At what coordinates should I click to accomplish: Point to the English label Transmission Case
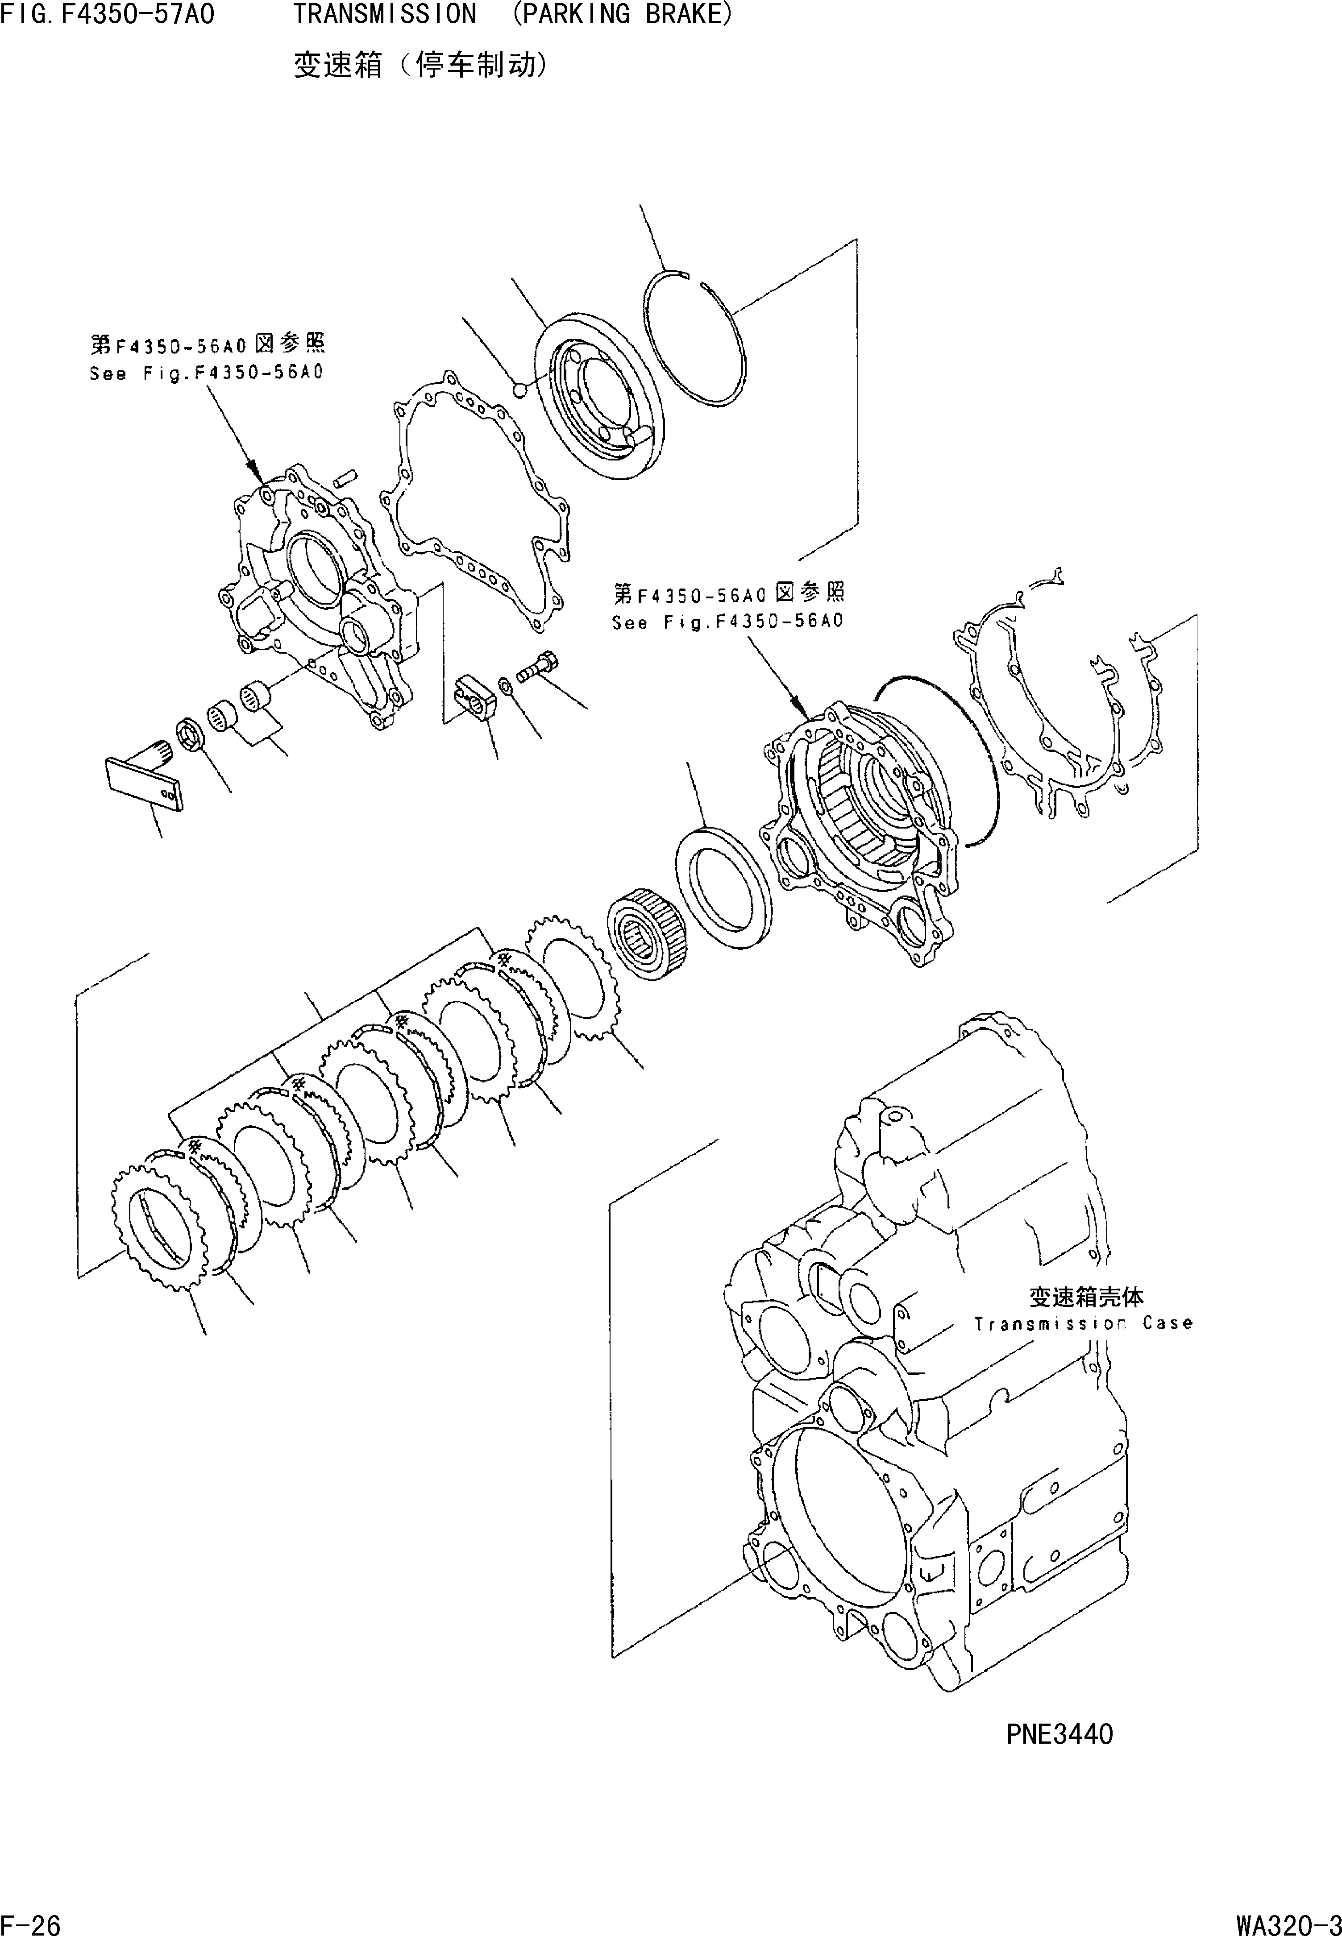(1083, 1323)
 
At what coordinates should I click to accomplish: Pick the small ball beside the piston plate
(520, 388)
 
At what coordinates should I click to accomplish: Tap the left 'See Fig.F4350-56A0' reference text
(206, 373)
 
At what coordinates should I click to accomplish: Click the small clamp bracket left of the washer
(475, 696)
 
